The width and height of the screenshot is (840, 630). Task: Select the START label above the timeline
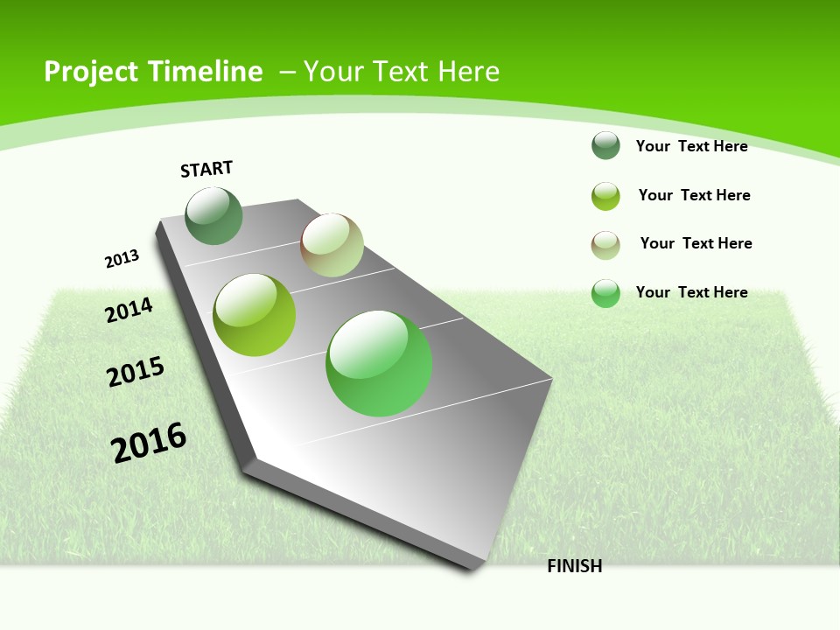[x=206, y=169]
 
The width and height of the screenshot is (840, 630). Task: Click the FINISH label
[x=575, y=566]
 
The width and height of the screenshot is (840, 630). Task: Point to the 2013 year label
[x=122, y=259]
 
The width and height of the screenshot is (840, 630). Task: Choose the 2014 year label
[x=129, y=310]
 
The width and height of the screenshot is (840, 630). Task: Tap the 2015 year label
[x=136, y=371]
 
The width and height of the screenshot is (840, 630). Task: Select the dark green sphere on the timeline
[x=213, y=216]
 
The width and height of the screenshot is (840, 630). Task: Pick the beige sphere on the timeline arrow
[x=332, y=245]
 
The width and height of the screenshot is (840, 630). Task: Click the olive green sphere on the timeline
[x=255, y=315]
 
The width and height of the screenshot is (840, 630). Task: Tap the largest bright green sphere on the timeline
[x=379, y=363]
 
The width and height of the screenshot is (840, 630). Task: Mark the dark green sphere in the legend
[x=605, y=145]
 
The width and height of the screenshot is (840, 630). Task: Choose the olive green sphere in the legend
[x=605, y=196]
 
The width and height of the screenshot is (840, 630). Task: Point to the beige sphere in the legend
[x=605, y=245]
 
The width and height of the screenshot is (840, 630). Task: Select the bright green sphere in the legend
[x=605, y=293]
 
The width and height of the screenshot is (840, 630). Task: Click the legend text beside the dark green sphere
[x=691, y=146]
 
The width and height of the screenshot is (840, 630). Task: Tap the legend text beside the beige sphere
[x=696, y=243]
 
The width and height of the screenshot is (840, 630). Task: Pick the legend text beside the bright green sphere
[x=691, y=292]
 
